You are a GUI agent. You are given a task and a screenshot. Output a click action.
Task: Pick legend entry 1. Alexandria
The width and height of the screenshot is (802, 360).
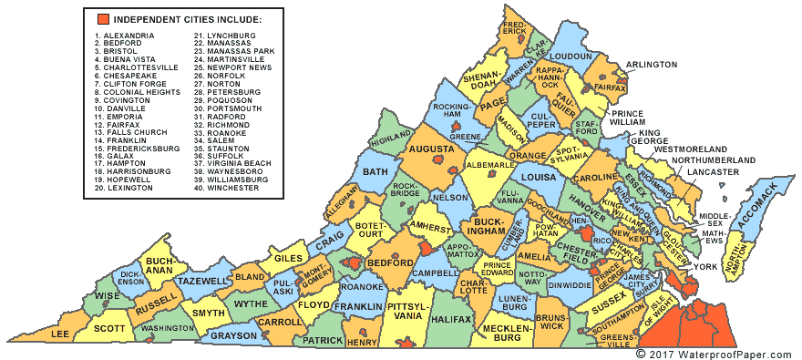[x=128, y=36]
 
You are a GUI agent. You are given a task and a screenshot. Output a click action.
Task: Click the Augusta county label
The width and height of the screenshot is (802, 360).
[x=431, y=148]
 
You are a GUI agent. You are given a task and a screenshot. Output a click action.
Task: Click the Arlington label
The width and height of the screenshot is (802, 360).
[x=652, y=65]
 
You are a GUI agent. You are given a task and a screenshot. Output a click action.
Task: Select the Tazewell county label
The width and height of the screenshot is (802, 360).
[x=200, y=283]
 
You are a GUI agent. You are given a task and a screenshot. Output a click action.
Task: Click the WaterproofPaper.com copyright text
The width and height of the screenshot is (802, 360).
[x=715, y=352]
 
